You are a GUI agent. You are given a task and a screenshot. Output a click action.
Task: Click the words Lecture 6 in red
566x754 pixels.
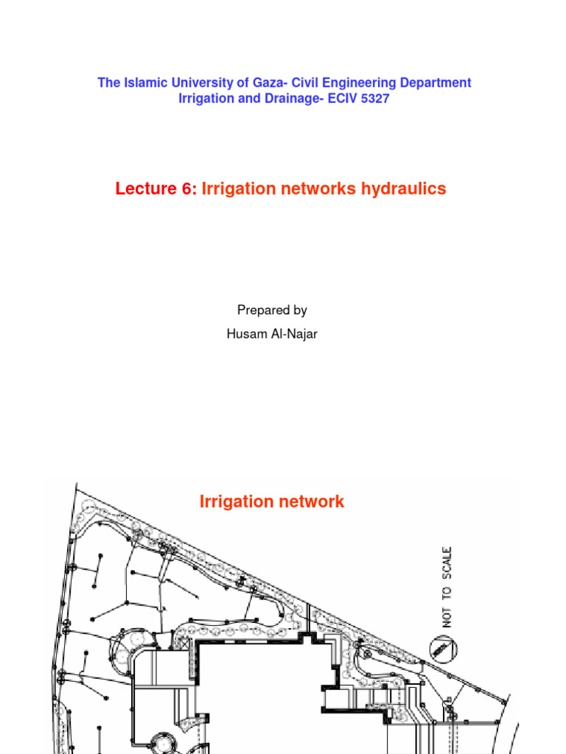(x=156, y=189)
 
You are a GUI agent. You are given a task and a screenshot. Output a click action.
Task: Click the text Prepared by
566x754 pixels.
(x=272, y=310)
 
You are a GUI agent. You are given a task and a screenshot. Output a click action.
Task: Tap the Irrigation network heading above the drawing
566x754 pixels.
(x=272, y=502)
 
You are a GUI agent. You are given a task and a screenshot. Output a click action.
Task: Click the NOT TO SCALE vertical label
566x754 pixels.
(x=447, y=586)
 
